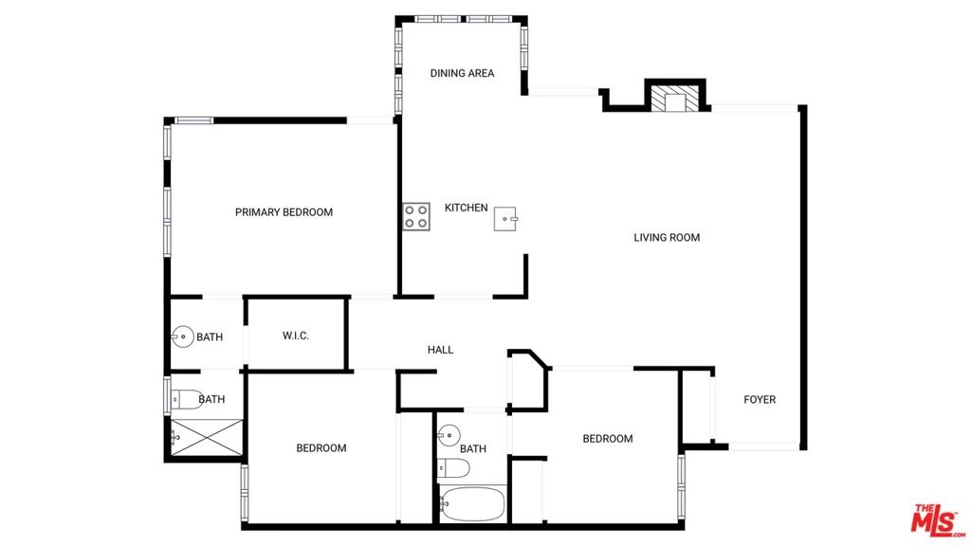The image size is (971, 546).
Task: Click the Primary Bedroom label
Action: [x=284, y=212]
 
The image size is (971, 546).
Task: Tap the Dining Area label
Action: [x=462, y=73]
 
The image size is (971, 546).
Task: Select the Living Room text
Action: [x=667, y=237]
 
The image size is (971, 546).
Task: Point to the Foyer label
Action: [x=760, y=399]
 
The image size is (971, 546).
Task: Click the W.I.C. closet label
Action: [x=296, y=336]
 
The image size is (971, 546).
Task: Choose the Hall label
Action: [x=440, y=350]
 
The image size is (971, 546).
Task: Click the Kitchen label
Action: [x=467, y=208]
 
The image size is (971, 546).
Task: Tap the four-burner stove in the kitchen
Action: [x=416, y=217]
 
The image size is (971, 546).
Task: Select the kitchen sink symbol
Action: [x=505, y=219]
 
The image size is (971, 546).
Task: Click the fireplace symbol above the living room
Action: [x=675, y=99]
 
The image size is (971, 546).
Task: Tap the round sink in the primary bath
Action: [x=183, y=337]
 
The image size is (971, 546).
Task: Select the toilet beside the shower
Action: [x=187, y=399]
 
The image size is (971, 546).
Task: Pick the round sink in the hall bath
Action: [x=449, y=435]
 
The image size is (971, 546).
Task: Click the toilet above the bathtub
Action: [x=453, y=468]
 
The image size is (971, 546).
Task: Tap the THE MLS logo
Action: [x=937, y=520]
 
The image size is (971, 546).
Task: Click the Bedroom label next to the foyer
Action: [x=608, y=438]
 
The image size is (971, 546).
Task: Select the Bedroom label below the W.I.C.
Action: [x=321, y=447]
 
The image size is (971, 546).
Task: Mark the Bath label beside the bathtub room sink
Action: [x=473, y=448]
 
